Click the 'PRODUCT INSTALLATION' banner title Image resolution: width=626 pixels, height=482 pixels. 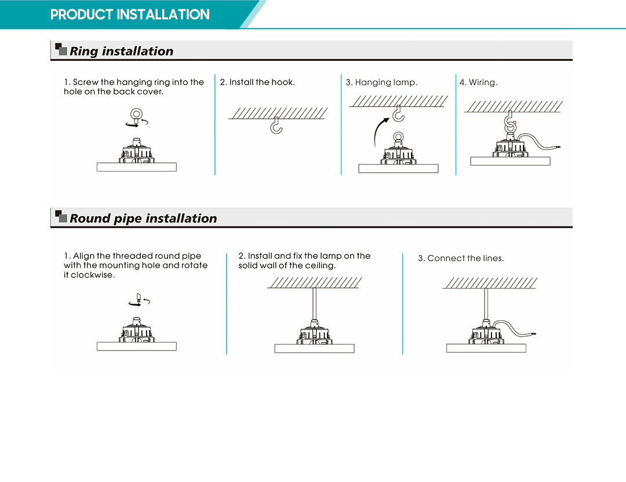coord(130,14)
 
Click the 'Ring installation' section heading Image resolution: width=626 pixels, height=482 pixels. coord(121,51)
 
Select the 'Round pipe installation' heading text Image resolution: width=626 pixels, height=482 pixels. coord(143,218)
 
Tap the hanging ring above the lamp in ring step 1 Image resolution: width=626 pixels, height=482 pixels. coord(137,114)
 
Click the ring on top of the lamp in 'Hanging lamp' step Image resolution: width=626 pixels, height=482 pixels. coord(398,137)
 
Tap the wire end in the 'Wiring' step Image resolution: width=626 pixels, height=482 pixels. coord(558,147)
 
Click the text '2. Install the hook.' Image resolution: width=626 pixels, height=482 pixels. coord(257,82)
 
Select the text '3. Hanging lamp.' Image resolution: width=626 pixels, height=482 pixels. coord(381,83)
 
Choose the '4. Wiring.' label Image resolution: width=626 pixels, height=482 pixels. coord(478,83)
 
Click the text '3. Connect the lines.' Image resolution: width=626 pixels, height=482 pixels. coord(461,258)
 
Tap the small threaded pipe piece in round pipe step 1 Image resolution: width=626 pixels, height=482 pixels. coord(139,297)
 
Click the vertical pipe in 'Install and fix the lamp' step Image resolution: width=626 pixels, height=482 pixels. coord(315,304)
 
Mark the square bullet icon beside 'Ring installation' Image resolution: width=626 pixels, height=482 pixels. coord(61,49)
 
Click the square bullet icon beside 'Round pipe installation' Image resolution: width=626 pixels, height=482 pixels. coord(61,216)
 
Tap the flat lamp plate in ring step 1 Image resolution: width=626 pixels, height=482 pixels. coord(137,167)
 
